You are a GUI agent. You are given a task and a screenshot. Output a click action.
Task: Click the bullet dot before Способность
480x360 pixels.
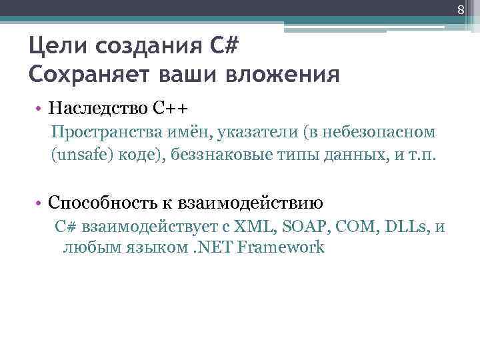click(x=41, y=203)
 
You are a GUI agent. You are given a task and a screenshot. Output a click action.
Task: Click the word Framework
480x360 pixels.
click(x=281, y=248)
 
